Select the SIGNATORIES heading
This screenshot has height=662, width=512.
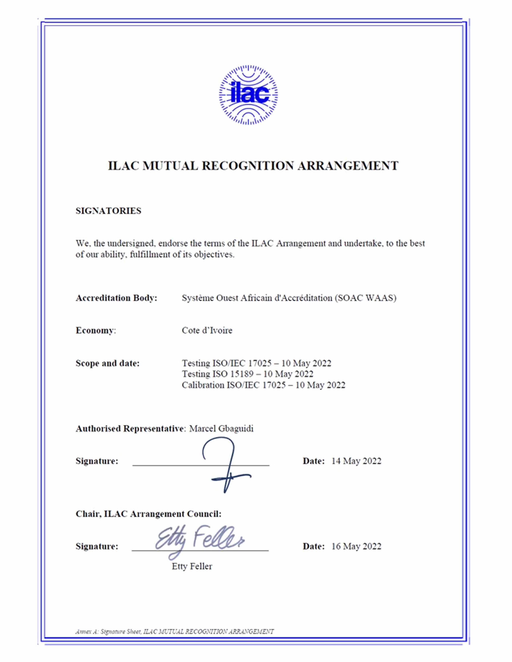pos(108,211)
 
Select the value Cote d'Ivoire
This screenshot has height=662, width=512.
pos(207,330)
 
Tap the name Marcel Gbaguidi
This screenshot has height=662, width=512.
pos(221,429)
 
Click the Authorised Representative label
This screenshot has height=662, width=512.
pos(130,429)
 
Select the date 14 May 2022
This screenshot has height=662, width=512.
pos(356,461)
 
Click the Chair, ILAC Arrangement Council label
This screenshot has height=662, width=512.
pos(148,514)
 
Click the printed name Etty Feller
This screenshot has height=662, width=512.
pos(192,566)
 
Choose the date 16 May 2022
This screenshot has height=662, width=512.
pos(356,546)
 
